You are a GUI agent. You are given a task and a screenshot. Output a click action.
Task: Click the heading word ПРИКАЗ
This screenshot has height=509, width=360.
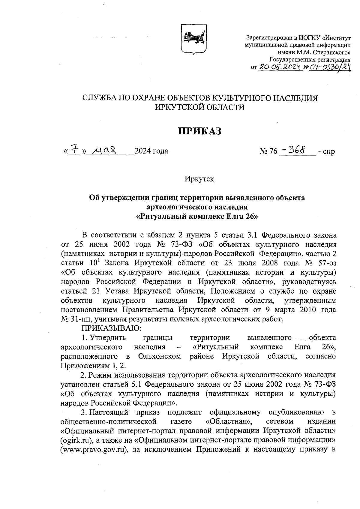(200, 131)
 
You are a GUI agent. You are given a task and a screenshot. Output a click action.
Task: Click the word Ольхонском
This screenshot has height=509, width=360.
(160, 356)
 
